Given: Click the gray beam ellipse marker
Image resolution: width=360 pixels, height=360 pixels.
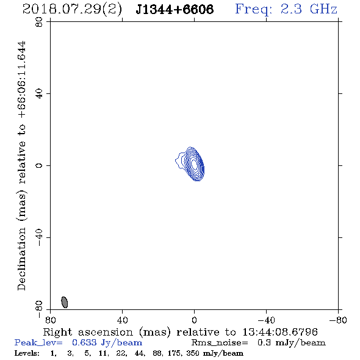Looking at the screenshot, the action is pyautogui.click(x=65, y=302).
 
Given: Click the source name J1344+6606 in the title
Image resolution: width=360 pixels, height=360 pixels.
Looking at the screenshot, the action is pyautogui.click(x=175, y=9).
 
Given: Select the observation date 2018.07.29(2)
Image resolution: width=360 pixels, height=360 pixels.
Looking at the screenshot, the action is pyautogui.click(x=72, y=10).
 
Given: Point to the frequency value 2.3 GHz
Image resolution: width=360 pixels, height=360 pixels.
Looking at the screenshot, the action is pyautogui.click(x=309, y=9).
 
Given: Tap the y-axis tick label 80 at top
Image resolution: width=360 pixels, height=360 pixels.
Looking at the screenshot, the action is pyautogui.click(x=39, y=22).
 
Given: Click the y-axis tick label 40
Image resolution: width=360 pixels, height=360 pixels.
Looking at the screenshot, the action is pyautogui.click(x=39, y=94).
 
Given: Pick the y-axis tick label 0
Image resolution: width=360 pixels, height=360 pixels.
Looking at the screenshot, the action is pyautogui.click(x=39, y=165).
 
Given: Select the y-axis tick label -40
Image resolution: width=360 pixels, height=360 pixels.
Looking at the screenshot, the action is pyautogui.click(x=39, y=237).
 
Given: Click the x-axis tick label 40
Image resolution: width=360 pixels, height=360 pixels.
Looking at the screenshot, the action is pyautogui.click(x=122, y=320).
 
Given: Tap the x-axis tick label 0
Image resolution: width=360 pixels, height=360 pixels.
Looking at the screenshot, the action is pyautogui.click(x=194, y=320).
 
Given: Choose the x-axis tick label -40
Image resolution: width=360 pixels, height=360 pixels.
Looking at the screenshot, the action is pyautogui.click(x=266, y=320).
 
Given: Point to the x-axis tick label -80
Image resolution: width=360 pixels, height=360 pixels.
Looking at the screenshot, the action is pyautogui.click(x=338, y=320).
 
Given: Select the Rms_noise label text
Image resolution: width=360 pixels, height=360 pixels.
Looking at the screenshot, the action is pyautogui.click(x=220, y=343).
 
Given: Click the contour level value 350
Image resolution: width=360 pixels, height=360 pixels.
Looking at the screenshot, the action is pyautogui.click(x=193, y=353).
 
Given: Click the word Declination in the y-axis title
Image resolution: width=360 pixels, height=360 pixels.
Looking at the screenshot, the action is pyautogui.click(x=21, y=259).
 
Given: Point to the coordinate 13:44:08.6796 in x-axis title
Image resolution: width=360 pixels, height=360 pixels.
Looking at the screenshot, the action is pyautogui.click(x=280, y=332).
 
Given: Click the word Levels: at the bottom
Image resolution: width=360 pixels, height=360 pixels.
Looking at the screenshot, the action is pyautogui.click(x=27, y=353).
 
